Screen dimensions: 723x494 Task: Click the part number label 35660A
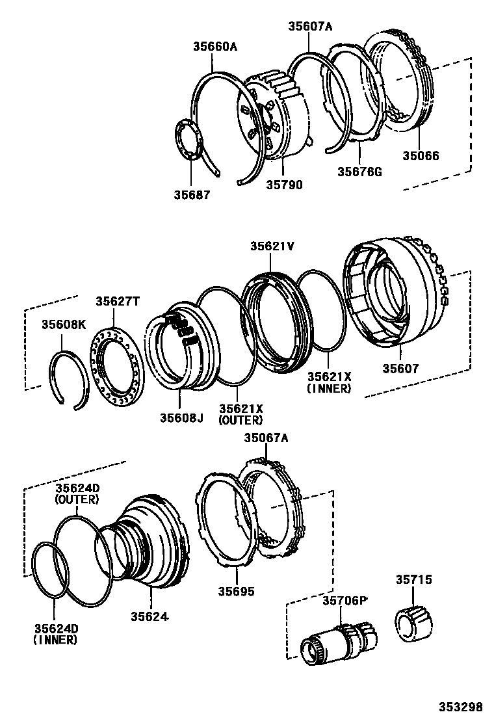(x=214, y=46)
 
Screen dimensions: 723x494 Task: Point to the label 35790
(x=284, y=184)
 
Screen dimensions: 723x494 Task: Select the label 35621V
(x=272, y=246)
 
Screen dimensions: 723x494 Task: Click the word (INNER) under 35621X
(x=329, y=388)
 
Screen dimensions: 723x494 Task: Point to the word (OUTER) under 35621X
(x=240, y=420)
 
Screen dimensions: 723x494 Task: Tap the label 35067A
(x=265, y=438)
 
